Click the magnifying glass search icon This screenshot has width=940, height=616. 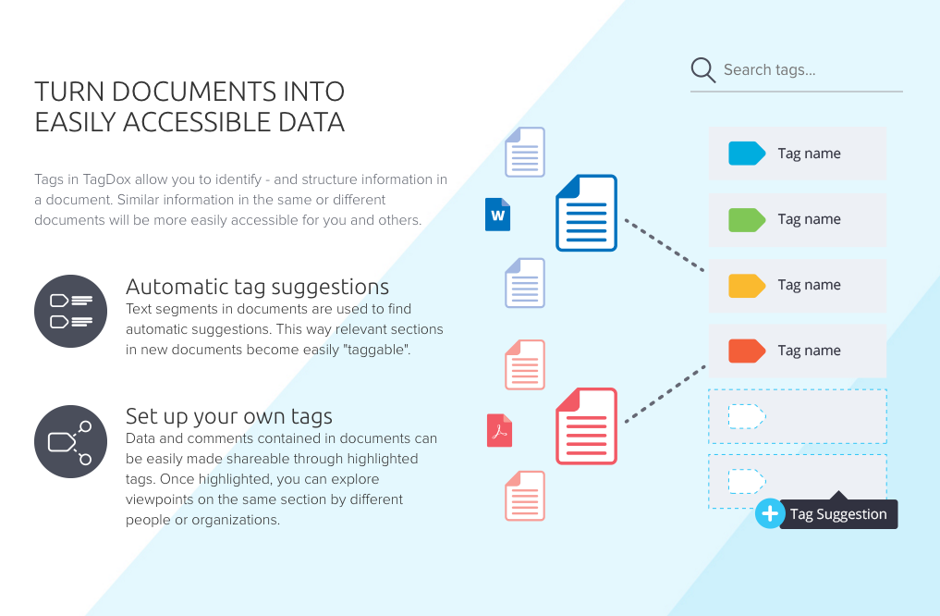703,70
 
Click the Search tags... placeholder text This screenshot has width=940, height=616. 769,70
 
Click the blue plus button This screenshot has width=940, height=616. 769,513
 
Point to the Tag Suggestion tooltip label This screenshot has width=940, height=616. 838,514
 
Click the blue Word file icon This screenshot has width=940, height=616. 498,215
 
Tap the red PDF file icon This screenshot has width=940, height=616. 499,430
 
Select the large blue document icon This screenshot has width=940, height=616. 586,213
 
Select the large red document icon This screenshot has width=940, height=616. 586,426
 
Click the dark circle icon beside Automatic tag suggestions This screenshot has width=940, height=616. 71,311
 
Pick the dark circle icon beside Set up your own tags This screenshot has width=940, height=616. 71,441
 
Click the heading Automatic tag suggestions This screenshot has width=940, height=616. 257,287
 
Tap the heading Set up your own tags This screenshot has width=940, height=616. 229,416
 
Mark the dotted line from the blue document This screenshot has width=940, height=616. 664,245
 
